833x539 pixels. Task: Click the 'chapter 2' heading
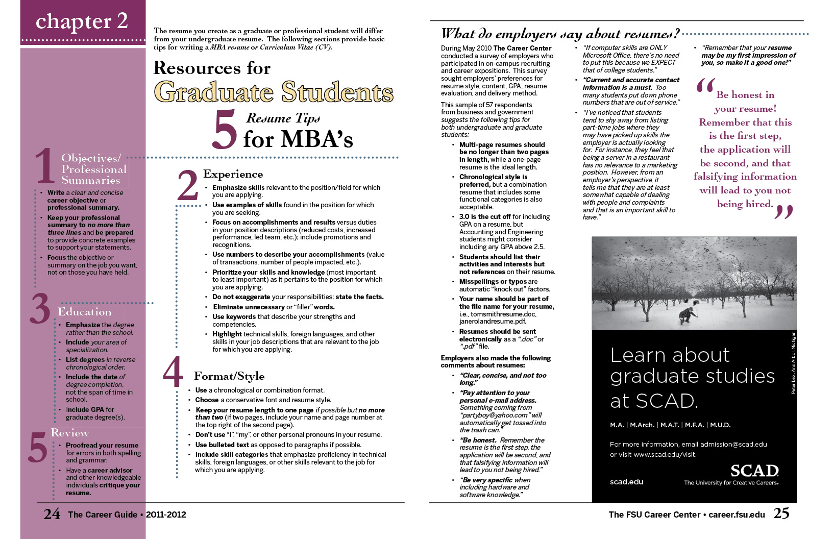pos(82,21)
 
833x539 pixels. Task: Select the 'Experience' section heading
pos(233,174)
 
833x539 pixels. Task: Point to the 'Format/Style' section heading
pos(229,376)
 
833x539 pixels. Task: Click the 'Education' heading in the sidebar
pos(84,312)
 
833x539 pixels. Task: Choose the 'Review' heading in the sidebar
pos(70,433)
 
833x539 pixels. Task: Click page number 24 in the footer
pos(52,514)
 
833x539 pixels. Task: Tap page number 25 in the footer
pos(781,513)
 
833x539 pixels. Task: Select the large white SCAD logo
pos(754,471)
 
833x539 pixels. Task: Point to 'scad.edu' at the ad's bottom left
pos(626,482)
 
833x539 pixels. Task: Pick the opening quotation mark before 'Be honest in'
pos(705,87)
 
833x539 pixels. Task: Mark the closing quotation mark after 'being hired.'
pos(784,210)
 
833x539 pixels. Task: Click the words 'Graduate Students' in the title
pos(274,92)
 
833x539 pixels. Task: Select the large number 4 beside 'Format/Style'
pos(173,372)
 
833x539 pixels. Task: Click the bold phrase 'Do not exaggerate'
pos(241,297)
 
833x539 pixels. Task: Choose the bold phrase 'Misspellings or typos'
pos(493,282)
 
